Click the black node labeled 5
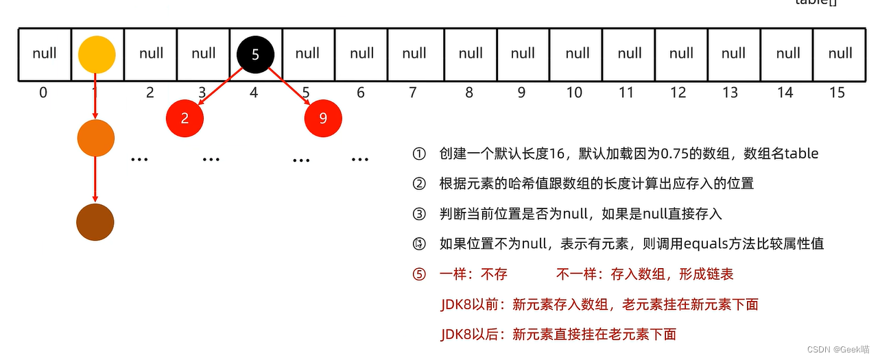point(255,54)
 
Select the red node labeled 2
point(185,118)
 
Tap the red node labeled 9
point(323,118)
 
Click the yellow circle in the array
point(97,54)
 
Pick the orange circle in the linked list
point(95,138)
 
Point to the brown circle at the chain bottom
point(95,223)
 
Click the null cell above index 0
point(45,53)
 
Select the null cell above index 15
point(840,53)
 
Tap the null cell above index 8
point(471,53)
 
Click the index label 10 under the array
point(574,93)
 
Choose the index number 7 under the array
point(413,93)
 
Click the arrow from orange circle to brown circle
point(95,180)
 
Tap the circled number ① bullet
point(419,154)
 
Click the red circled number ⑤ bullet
point(419,274)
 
